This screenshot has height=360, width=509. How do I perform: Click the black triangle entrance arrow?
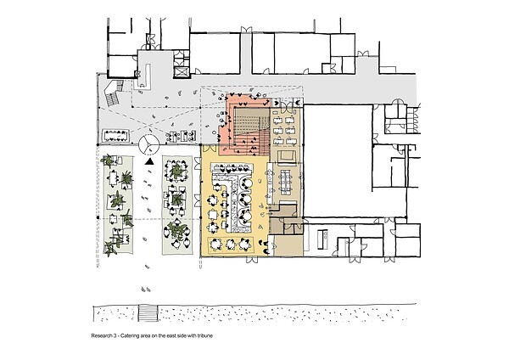pos(149,161)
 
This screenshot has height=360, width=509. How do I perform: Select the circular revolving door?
pos(149,144)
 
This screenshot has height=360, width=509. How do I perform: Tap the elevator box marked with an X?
pos(182,72)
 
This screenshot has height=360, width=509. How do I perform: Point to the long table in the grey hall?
pos(116,136)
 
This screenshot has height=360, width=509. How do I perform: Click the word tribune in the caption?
pos(205,336)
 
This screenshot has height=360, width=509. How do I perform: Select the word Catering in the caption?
pos(129,336)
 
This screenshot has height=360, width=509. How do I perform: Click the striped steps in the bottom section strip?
pos(148,313)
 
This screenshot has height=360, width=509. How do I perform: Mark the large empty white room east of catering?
pos(338,160)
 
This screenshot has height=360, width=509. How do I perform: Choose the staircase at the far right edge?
pos(413,120)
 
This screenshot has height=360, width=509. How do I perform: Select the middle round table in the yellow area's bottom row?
pos(231,245)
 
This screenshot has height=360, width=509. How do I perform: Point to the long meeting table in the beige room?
pos(286,182)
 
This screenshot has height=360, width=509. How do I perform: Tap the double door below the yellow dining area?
pos(252,259)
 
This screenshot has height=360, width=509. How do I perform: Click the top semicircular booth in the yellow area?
pos(246,184)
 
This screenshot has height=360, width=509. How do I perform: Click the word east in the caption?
pos(171,336)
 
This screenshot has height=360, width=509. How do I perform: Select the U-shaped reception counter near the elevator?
pos(144,76)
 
